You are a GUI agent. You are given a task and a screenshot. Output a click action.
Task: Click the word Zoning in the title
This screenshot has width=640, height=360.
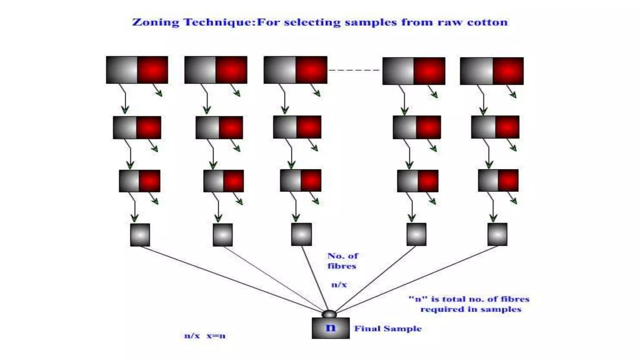point(155,22)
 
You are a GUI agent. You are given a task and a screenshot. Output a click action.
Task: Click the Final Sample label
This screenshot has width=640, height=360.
point(388,329)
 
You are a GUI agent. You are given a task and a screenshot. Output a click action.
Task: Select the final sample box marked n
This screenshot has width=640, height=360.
point(331,328)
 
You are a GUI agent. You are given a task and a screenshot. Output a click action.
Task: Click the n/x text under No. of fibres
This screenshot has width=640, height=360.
point(339,285)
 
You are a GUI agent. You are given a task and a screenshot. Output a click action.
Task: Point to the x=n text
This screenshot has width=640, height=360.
point(216,336)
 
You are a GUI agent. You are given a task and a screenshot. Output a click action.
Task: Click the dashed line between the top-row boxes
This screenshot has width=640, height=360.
point(354,70)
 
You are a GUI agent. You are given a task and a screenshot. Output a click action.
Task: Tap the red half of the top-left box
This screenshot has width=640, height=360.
point(152,70)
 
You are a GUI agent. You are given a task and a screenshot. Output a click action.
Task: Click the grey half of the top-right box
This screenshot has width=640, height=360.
point(476,71)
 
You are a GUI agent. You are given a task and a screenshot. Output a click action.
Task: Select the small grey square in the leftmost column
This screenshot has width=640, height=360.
point(140,235)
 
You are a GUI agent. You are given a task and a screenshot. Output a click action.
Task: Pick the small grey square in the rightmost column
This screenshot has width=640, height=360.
point(497,234)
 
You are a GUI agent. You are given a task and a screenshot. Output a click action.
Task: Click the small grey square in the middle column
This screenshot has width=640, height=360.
point(301,234)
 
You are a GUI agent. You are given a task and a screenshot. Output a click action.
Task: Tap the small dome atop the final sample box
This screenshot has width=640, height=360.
point(329,314)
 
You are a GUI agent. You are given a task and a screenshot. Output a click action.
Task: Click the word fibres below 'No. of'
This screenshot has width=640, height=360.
point(342,266)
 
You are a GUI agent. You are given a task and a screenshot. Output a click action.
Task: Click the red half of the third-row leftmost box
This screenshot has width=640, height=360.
point(150,181)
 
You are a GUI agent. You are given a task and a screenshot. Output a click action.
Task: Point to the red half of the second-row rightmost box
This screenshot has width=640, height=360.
point(507,127)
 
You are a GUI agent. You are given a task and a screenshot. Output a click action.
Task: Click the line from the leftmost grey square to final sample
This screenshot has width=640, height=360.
point(231,279)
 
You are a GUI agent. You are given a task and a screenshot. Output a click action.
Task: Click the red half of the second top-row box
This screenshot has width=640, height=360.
point(231,70)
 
